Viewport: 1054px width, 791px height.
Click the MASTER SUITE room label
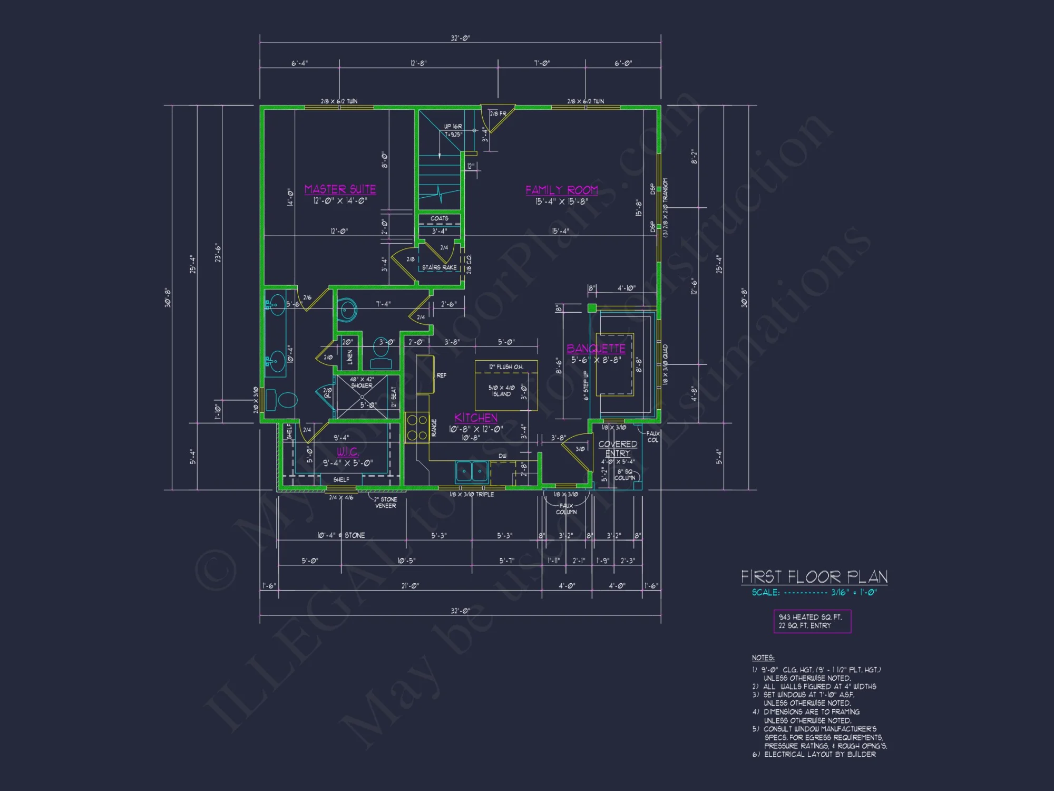click(340, 189)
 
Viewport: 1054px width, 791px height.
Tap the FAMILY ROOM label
click(561, 190)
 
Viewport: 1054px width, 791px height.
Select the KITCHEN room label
click(476, 418)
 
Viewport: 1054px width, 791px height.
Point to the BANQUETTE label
click(596, 349)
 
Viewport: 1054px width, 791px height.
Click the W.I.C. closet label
click(348, 452)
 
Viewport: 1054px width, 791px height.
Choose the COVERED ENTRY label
click(618, 449)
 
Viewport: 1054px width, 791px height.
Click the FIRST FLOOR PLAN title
click(814, 576)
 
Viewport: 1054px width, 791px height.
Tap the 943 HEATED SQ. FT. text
click(810, 617)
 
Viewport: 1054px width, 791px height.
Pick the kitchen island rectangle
click(506, 385)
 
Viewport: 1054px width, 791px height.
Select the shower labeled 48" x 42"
click(362, 397)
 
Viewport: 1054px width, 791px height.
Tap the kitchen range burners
click(417, 428)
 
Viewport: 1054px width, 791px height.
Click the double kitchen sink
click(472, 471)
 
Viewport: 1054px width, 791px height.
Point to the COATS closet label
click(439, 218)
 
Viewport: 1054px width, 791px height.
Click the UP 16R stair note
click(453, 127)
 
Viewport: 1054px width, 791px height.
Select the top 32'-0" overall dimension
click(460, 38)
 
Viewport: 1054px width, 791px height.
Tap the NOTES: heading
click(763, 658)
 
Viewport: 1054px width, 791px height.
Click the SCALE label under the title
click(765, 593)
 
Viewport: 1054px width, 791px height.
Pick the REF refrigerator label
click(441, 375)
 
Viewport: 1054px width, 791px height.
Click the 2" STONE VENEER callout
click(386, 503)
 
